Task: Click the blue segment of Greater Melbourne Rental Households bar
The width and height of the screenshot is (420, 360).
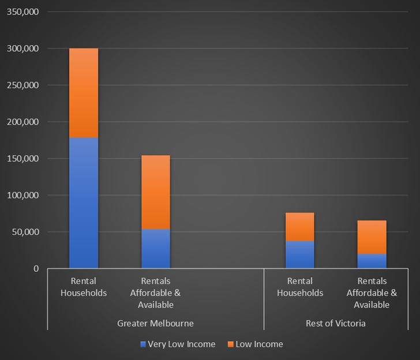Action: click(x=84, y=203)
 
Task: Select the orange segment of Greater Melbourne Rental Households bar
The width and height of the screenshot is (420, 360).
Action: click(x=84, y=93)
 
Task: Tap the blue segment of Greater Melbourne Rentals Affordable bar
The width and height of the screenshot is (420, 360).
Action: click(x=156, y=249)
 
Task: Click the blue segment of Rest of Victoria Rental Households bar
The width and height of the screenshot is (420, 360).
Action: click(x=300, y=254)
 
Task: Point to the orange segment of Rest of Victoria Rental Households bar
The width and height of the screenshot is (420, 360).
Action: click(x=300, y=227)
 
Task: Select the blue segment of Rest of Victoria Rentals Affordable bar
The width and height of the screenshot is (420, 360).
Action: click(x=372, y=261)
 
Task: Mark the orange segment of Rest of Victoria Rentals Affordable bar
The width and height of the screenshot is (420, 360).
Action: click(x=372, y=237)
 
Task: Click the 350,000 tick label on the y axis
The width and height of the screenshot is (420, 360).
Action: click(x=22, y=12)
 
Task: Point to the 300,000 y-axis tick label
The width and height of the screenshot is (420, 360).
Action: click(x=22, y=48)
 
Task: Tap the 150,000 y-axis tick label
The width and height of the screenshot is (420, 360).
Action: click(x=22, y=159)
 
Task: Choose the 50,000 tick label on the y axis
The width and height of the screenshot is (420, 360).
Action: click(x=25, y=232)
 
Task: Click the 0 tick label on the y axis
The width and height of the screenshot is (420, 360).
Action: click(x=35, y=269)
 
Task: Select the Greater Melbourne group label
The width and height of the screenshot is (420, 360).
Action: click(x=156, y=323)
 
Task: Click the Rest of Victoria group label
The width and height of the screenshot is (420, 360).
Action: click(x=336, y=323)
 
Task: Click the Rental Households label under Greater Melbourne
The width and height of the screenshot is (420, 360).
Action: click(x=84, y=287)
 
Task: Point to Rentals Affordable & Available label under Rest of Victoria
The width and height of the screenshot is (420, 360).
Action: click(x=372, y=292)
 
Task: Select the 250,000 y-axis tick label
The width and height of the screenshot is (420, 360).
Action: click(x=22, y=85)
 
